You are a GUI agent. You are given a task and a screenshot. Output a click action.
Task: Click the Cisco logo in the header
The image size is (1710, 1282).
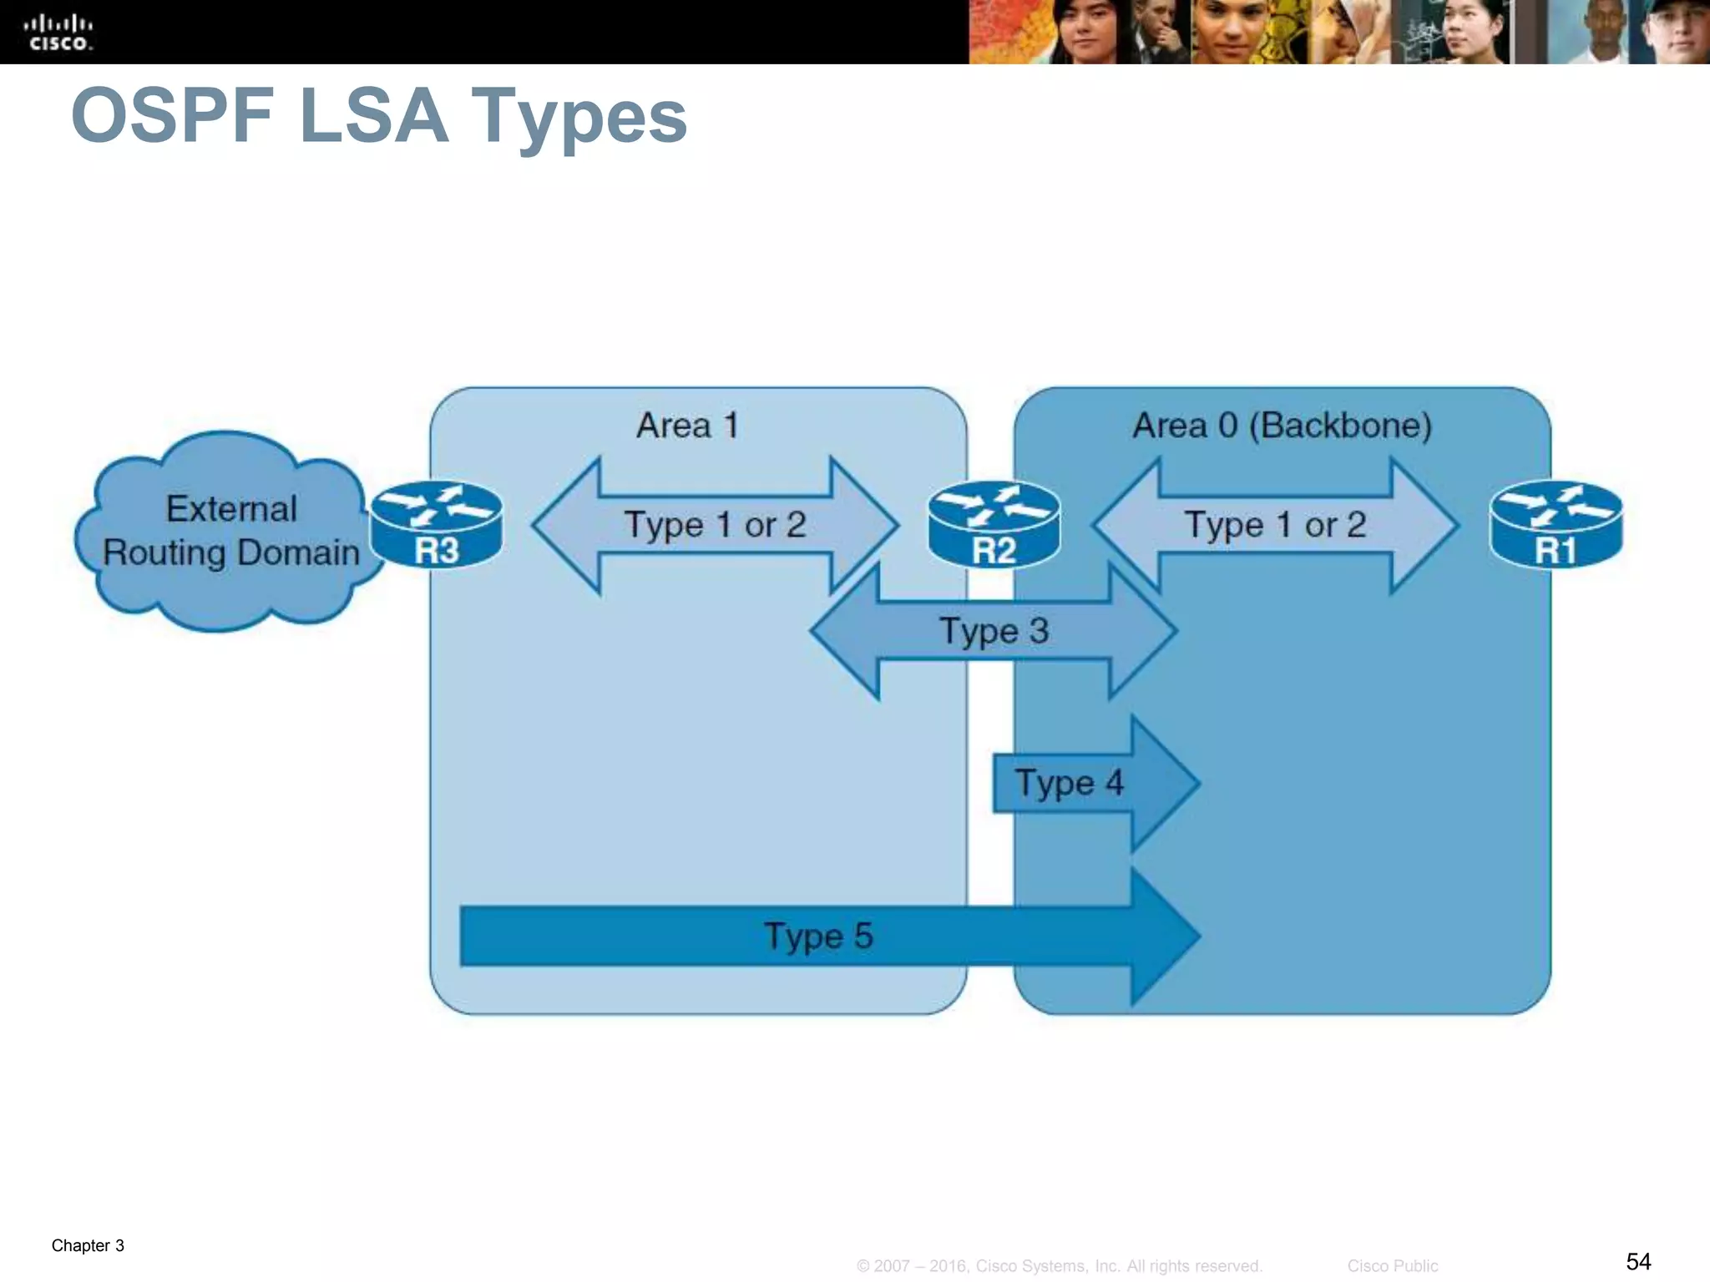click(58, 33)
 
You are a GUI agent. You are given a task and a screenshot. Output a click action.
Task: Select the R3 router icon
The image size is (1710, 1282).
click(437, 525)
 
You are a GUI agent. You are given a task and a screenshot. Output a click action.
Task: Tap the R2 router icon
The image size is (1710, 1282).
click(994, 525)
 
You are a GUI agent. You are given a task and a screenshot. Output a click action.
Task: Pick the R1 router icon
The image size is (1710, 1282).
click(1556, 525)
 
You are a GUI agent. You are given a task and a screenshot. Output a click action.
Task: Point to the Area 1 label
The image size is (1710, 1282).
click(687, 426)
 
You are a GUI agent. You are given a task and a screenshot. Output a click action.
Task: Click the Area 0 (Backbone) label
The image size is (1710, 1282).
click(1282, 426)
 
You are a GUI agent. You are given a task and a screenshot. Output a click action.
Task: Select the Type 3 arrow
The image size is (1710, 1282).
click(994, 631)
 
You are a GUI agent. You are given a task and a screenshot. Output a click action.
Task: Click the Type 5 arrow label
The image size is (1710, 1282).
click(818, 936)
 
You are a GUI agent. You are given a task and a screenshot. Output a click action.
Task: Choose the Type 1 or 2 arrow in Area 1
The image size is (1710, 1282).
click(715, 525)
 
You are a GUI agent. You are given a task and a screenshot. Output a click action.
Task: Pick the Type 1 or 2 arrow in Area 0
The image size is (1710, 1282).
click(1275, 525)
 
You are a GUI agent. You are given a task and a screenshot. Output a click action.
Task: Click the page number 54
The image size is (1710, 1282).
click(1638, 1261)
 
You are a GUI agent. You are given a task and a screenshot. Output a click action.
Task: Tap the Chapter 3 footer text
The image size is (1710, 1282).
click(88, 1245)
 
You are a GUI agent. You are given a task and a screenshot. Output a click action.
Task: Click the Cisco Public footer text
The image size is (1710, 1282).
click(1392, 1266)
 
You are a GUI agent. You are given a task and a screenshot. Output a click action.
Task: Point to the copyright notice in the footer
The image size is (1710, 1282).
click(1059, 1266)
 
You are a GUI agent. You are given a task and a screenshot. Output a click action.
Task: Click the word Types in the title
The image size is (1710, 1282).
click(579, 117)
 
